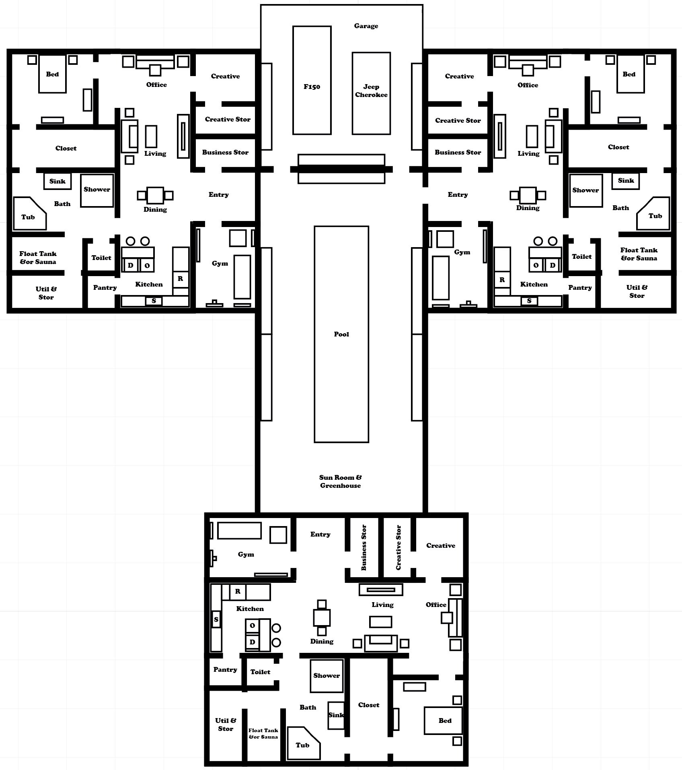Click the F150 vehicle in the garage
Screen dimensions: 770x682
(312, 81)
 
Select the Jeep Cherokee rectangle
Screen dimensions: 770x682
(371, 93)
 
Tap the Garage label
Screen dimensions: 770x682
(366, 26)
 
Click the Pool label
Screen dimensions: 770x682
(341, 334)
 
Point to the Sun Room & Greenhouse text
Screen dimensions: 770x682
(340, 481)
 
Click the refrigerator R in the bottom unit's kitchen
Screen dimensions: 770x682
(238, 591)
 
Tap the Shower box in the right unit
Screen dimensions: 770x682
(585, 190)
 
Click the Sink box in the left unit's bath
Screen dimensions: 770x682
(58, 181)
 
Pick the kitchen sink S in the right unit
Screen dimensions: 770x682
(529, 301)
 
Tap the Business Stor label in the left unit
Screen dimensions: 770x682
(225, 152)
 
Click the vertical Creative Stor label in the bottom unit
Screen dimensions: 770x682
(399, 547)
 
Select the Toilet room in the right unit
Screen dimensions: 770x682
(581, 256)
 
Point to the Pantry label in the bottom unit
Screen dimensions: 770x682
(225, 669)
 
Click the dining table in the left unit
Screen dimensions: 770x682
(155, 196)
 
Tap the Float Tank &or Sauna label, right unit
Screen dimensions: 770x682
(639, 254)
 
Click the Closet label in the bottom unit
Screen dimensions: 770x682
(368, 705)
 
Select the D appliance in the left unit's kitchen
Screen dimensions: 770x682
(130, 265)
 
